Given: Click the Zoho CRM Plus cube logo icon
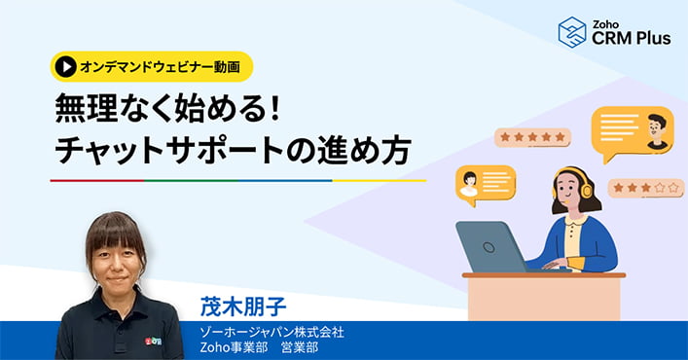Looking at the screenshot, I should tap(572, 31).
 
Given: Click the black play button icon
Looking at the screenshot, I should tap(66, 66).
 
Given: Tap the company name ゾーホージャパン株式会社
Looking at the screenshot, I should tap(270, 332).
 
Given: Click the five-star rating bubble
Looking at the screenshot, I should tap(531, 137).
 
